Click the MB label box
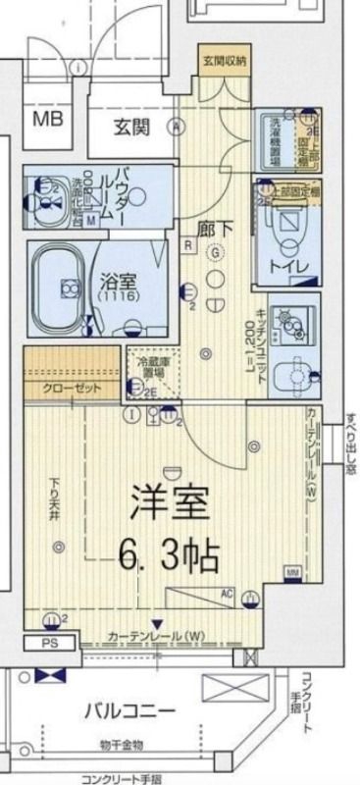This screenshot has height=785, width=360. [x=47, y=122]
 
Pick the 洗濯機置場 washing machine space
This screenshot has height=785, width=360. [x=278, y=141]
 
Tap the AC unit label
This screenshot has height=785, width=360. [x=226, y=593]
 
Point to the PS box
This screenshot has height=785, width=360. [x=48, y=643]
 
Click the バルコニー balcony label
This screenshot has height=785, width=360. [x=128, y=710]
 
